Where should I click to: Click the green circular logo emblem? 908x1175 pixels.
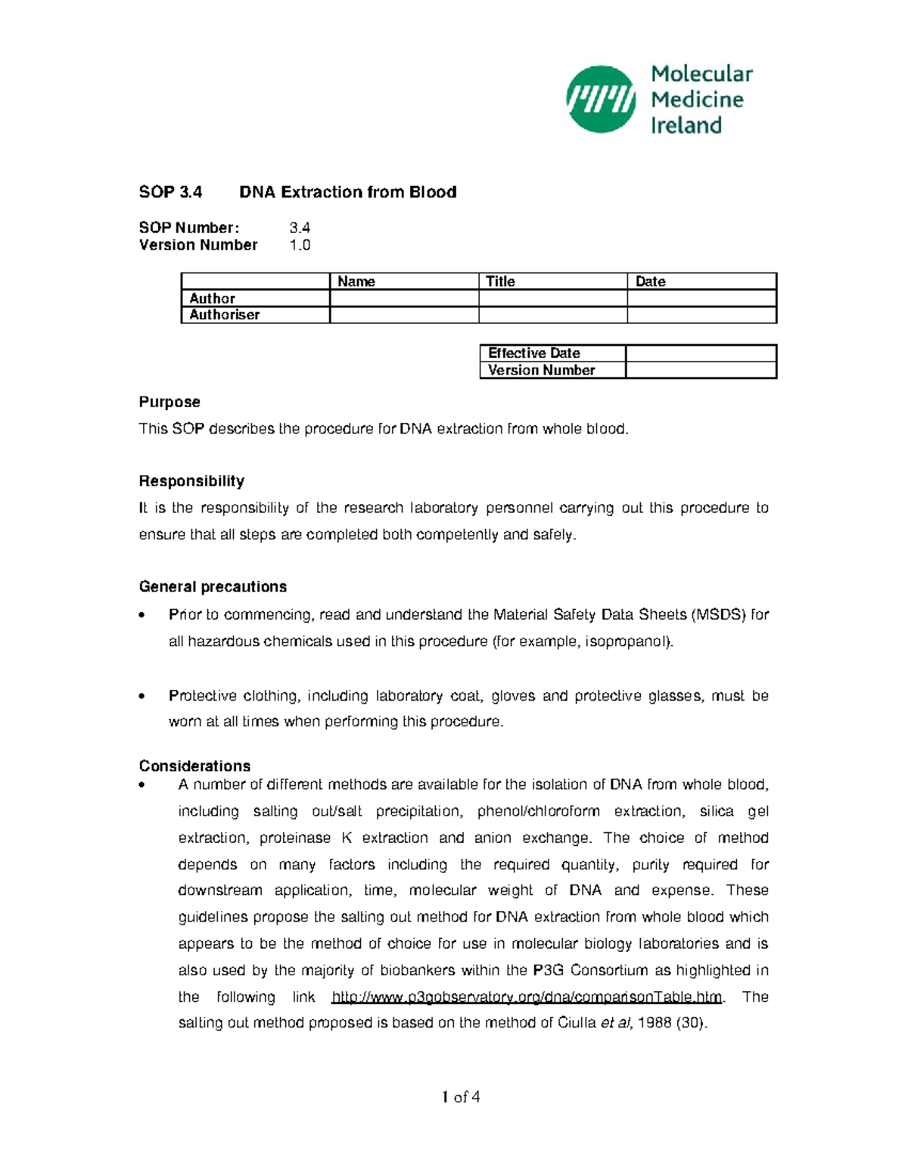click(601, 99)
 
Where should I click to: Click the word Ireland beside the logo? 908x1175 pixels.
click(686, 126)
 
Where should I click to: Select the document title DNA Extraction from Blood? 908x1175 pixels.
click(347, 192)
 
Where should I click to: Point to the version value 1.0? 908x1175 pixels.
click(300, 245)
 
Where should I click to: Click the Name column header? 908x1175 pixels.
click(356, 281)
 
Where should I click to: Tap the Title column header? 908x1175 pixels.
click(500, 281)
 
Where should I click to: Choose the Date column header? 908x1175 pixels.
click(650, 281)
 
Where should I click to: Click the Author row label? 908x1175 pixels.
click(212, 299)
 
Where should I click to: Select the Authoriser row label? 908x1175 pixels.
click(224, 315)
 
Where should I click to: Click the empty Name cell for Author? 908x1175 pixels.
click(404, 299)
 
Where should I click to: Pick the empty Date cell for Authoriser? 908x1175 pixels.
click(701, 315)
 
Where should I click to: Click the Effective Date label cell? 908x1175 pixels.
click(534, 353)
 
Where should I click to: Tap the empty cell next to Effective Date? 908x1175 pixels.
click(701, 353)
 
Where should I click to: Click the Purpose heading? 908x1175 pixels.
click(169, 402)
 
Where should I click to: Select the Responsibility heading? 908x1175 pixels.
click(191, 481)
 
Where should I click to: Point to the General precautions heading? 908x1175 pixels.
click(213, 586)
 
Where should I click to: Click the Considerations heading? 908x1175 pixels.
click(194, 766)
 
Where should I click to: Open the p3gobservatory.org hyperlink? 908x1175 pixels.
click(527, 997)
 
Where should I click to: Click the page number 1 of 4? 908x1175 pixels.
click(461, 1097)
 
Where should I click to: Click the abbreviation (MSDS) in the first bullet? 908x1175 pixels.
click(718, 614)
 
